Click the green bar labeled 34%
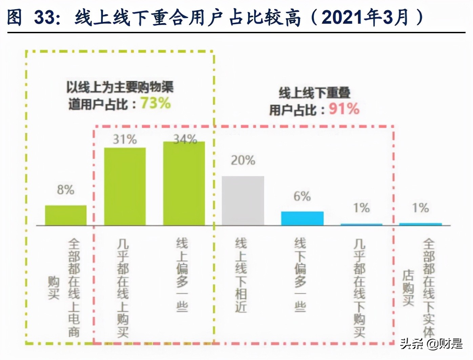click(x=184, y=183)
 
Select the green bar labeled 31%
click(x=125, y=186)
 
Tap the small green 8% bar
click(x=66, y=215)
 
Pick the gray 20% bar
click(x=243, y=201)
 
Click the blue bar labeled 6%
click(x=302, y=218)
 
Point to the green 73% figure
click(x=156, y=103)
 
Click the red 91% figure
click(x=344, y=109)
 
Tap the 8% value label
click(x=66, y=189)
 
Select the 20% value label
click(x=243, y=160)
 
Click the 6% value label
click(x=302, y=196)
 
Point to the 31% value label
click(x=125, y=139)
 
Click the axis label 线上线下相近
click(x=241, y=275)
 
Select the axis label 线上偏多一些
click(x=182, y=274)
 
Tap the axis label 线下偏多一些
click(x=300, y=274)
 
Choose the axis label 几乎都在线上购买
click(x=123, y=288)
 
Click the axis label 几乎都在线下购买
click(x=359, y=288)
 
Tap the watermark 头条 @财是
click(x=431, y=344)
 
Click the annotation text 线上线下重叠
click(x=314, y=93)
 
